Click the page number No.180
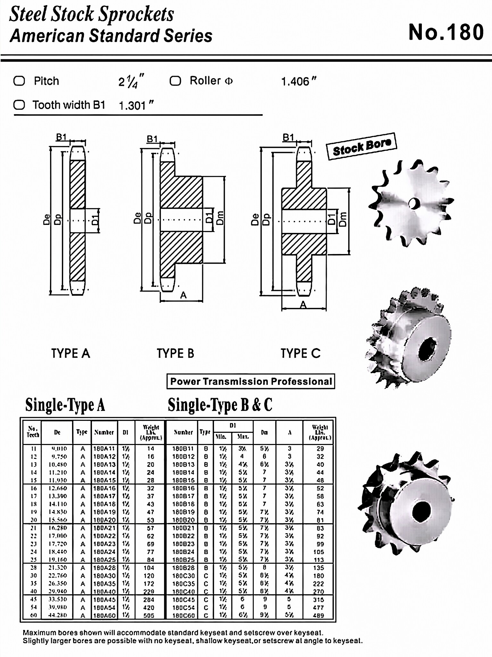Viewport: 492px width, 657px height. [446, 32]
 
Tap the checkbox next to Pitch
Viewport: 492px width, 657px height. [19, 81]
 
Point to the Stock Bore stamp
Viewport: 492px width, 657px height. [361, 147]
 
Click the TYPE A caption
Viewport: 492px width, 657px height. [70, 354]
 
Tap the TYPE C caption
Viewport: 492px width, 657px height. [300, 354]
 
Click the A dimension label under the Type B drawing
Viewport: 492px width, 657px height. [183, 295]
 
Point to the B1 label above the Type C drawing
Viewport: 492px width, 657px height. [288, 138]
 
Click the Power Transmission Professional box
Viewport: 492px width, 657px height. [251, 381]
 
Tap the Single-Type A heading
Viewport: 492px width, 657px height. [65, 405]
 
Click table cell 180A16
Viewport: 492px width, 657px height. [104, 488]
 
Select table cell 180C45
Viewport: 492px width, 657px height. [183, 600]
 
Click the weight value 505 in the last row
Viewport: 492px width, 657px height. [149, 615]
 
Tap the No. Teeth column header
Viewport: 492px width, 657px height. [33, 432]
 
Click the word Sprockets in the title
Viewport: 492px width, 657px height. [136, 15]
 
